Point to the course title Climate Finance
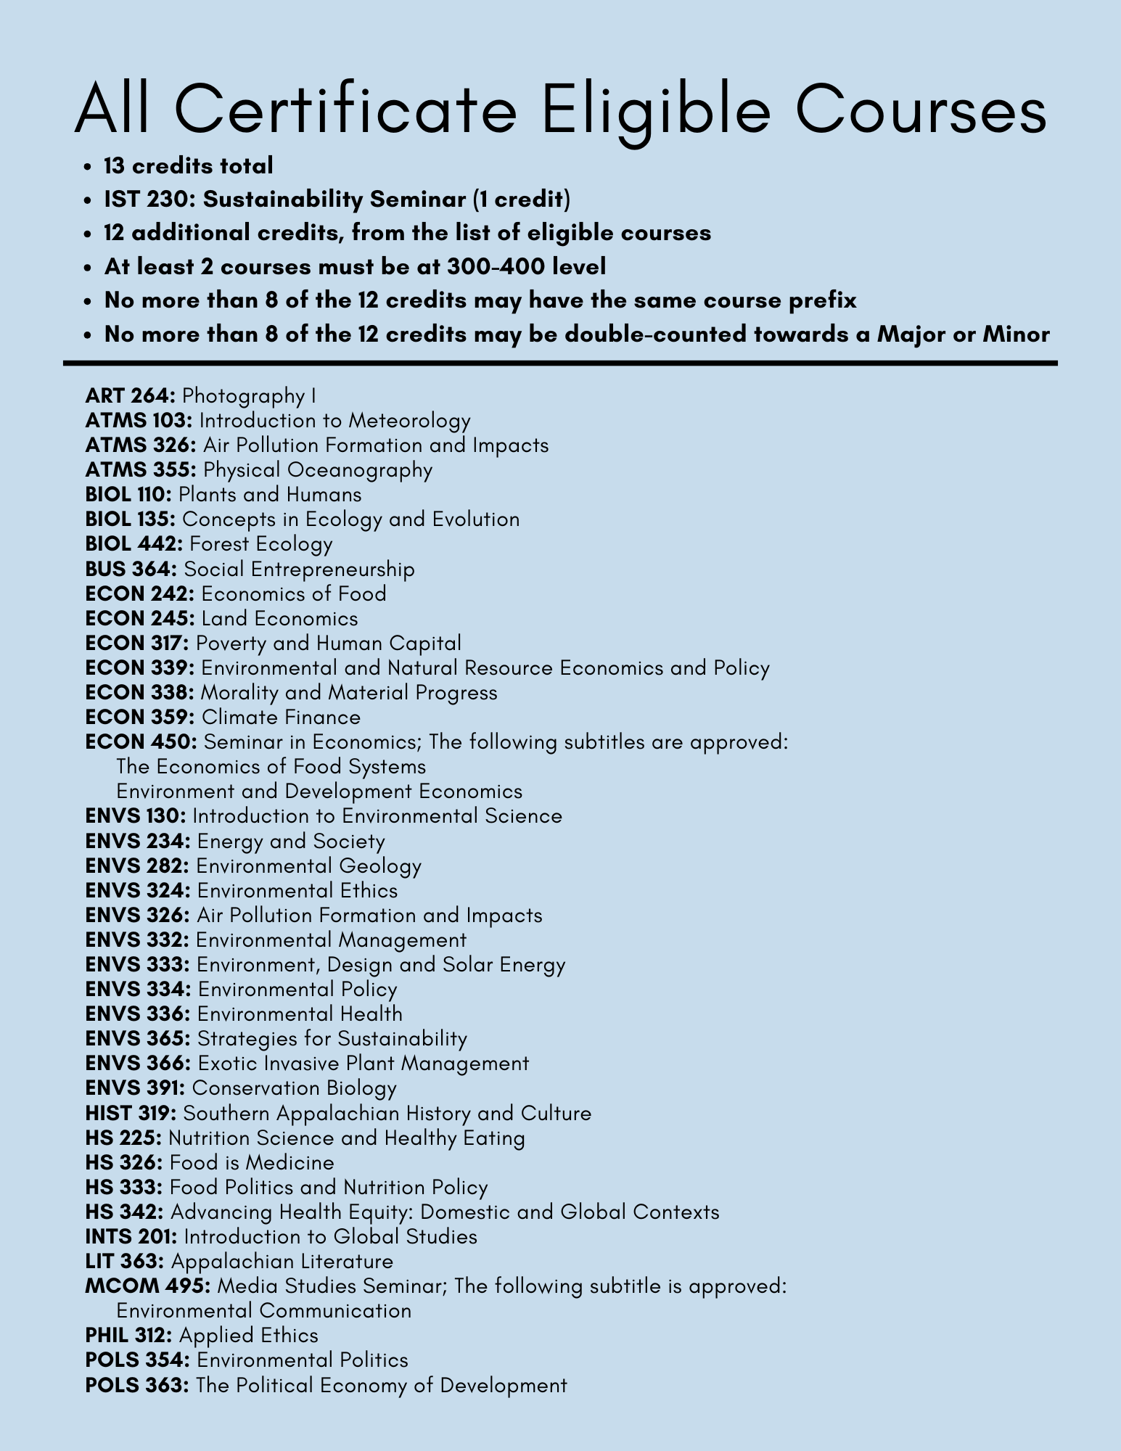(281, 718)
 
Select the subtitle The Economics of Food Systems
(271, 767)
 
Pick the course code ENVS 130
(136, 816)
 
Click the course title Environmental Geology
(308, 866)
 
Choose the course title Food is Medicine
(252, 1163)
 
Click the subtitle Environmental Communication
(263, 1311)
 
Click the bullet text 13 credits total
(189, 166)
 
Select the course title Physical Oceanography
(318, 470)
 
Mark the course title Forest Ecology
(260, 544)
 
